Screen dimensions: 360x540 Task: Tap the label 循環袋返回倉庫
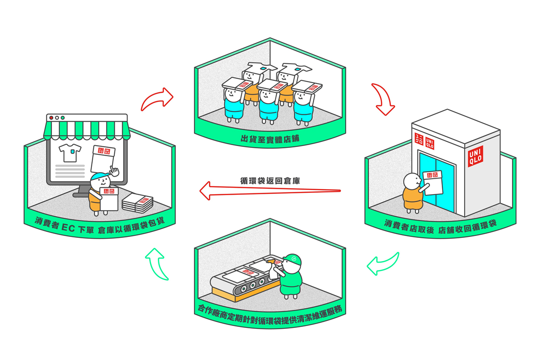pyautogui.click(x=270, y=180)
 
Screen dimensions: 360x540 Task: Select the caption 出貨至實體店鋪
pyautogui.click(x=270, y=138)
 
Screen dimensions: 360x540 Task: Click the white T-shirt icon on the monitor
pyautogui.click(x=70, y=153)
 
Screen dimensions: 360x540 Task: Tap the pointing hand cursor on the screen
pyautogui.click(x=114, y=171)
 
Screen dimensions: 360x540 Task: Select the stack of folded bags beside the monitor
pyautogui.click(x=137, y=202)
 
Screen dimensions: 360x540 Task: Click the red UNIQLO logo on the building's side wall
pyautogui.click(x=475, y=155)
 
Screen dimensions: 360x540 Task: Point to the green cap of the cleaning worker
pyautogui.click(x=292, y=260)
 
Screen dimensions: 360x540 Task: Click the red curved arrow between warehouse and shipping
pyautogui.click(x=157, y=99)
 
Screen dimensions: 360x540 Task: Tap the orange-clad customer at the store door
pyautogui.click(x=413, y=194)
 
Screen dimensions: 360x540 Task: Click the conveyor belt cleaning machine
pyautogui.click(x=243, y=280)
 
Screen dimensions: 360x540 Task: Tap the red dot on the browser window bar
pyautogui.click(x=51, y=118)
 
